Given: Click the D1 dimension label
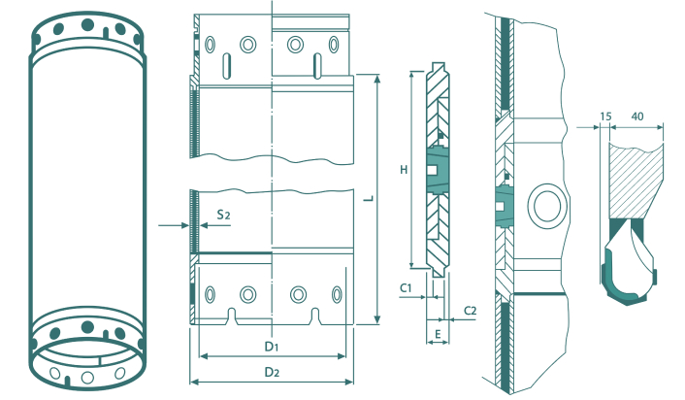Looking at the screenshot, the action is pos(272,347).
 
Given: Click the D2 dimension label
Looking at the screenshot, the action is pos(272,372).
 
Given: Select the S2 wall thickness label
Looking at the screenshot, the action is pos(223,215).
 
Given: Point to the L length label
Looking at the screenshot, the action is pos(370,198).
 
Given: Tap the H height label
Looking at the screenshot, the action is pos(404,170).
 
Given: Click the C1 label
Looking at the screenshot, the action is pos(406,287).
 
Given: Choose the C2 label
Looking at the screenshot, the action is pos(470,311).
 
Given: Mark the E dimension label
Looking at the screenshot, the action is pos(438,334).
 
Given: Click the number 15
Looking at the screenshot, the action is pos(605,117).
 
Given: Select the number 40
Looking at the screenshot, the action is pos(637,117).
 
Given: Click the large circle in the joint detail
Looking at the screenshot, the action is pos(548,205).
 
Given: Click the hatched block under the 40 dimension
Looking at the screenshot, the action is pos(636,182).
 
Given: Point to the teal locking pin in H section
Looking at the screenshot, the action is pos(437,171).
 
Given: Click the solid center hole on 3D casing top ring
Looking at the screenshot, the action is pos(87,24).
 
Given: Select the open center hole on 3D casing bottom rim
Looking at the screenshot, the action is pos(87,377).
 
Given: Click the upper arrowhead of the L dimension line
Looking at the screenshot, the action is pos(377,78).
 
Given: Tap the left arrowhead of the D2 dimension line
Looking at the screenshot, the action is pos(194,383).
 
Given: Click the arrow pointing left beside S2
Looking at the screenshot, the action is pos(205,225).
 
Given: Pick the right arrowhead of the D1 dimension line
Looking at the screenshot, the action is pos(342,356).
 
